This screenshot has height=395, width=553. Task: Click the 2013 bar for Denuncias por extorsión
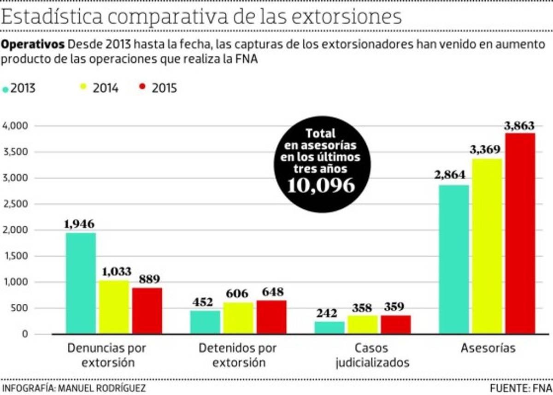[81, 283]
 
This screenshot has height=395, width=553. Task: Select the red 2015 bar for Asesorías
[520, 233]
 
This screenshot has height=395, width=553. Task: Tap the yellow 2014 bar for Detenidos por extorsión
[238, 318]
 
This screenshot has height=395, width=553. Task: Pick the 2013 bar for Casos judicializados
[329, 327]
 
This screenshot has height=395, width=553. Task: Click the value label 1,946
[79, 224]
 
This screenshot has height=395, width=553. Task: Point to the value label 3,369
[486, 150]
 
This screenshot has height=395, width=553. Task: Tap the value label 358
[362, 307]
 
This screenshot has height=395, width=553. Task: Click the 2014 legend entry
[100, 88]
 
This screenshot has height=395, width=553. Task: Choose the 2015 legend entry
[158, 88]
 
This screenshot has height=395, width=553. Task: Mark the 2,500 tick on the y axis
[16, 204]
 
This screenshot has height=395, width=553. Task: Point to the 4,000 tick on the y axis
[16, 126]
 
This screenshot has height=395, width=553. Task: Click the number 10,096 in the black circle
[321, 185]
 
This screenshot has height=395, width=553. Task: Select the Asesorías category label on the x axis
[488, 348]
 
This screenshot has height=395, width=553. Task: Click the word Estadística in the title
[52, 17]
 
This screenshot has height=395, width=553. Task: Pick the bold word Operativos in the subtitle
[33, 45]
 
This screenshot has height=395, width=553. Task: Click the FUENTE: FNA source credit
[520, 387]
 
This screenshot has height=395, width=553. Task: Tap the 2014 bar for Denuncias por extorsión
[114, 307]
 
